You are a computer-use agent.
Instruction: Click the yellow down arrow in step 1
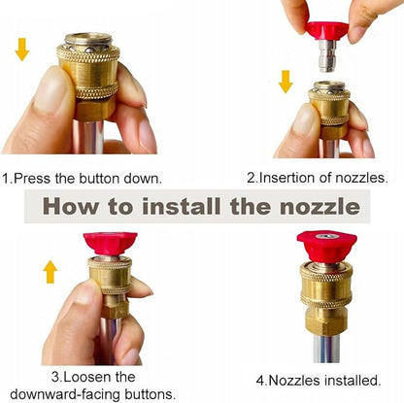[21, 50]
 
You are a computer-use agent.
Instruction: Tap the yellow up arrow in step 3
[50, 271]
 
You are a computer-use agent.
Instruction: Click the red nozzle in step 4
[326, 247]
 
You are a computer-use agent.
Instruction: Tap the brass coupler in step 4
[326, 295]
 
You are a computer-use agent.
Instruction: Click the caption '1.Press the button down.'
[83, 179]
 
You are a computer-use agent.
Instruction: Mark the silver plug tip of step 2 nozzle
[329, 63]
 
